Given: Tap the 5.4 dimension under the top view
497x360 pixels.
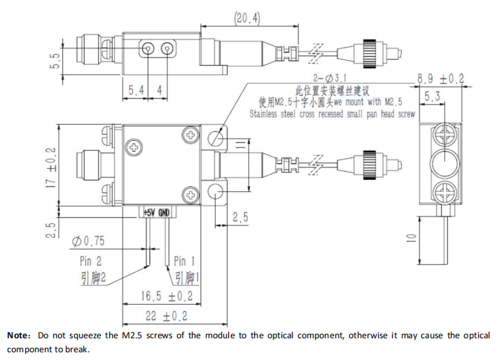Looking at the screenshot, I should pyautogui.click(x=136, y=90).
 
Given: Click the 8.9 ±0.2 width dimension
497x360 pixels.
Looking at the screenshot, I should pyautogui.click(x=440, y=79).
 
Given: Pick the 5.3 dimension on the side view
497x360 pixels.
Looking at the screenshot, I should pyautogui.click(x=432, y=97).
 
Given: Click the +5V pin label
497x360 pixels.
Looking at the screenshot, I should pyautogui.click(x=148, y=212).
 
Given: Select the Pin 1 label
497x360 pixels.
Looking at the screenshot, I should pyautogui.click(x=185, y=261).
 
